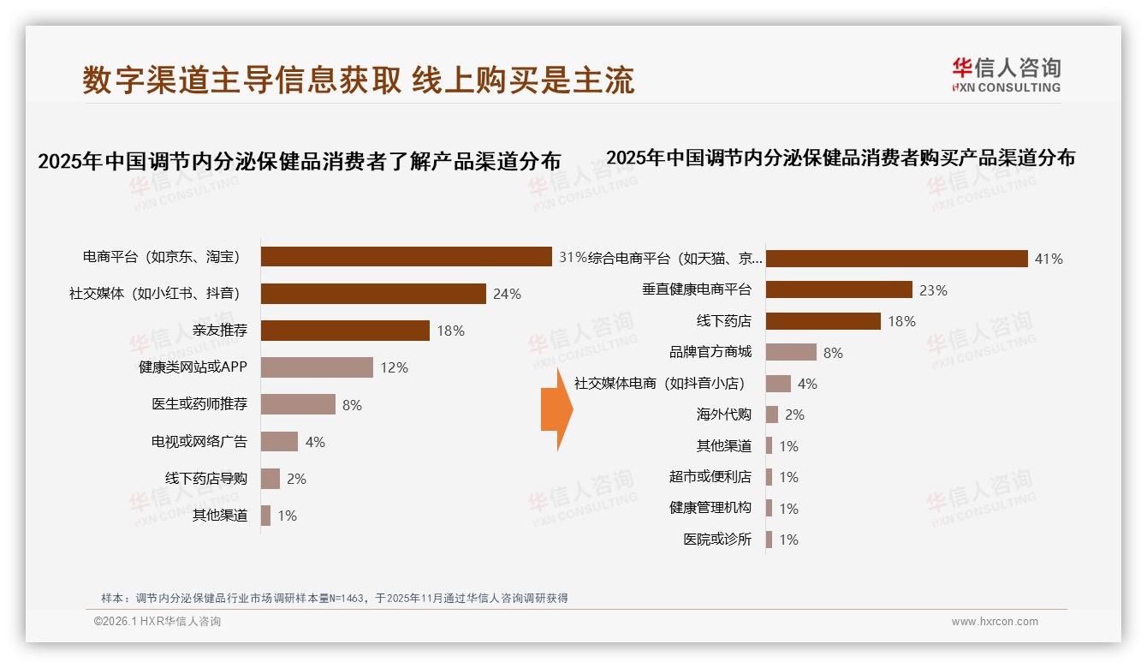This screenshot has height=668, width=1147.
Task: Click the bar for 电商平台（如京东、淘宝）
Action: [x=406, y=256]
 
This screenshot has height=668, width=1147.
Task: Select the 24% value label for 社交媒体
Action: [x=507, y=294]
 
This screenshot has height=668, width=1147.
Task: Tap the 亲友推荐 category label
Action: [x=219, y=331]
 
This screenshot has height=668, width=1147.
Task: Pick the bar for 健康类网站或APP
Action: [x=317, y=367]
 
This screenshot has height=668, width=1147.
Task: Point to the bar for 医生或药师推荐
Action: [x=298, y=404]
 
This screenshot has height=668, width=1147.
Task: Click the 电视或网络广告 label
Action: [x=199, y=442]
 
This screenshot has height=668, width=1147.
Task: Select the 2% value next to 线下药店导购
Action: [x=296, y=479]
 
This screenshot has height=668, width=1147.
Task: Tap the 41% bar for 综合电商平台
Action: [x=896, y=259]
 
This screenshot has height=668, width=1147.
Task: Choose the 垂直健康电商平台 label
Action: [x=696, y=289]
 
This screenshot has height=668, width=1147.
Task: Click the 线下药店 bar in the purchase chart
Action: [x=823, y=321]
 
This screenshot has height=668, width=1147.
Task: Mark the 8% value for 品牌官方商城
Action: [x=833, y=352]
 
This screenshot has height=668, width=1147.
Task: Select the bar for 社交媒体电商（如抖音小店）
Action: [x=778, y=384]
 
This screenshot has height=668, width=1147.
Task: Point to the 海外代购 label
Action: [x=723, y=415]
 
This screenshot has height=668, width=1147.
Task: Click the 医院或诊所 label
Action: [x=716, y=540]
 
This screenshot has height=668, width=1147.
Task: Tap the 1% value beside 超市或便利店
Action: [x=788, y=477]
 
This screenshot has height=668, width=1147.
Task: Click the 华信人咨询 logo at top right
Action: [x=1006, y=74]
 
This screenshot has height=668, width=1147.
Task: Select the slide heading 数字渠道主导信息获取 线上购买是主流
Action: [x=359, y=80]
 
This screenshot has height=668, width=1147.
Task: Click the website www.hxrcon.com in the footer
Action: [x=994, y=622]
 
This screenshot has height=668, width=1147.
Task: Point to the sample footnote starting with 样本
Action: [x=334, y=599]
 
